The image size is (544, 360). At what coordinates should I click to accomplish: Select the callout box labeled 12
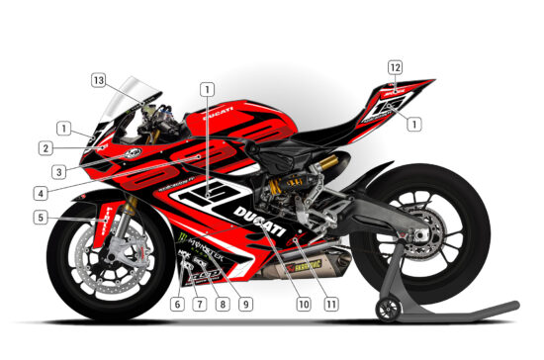tap(396, 67)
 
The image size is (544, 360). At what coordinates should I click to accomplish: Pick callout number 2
tap(45, 148)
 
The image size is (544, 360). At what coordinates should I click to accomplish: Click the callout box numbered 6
tap(177, 304)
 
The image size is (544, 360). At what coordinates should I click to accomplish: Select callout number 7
tap(199, 304)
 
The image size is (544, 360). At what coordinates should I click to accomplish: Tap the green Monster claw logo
tap(182, 238)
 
